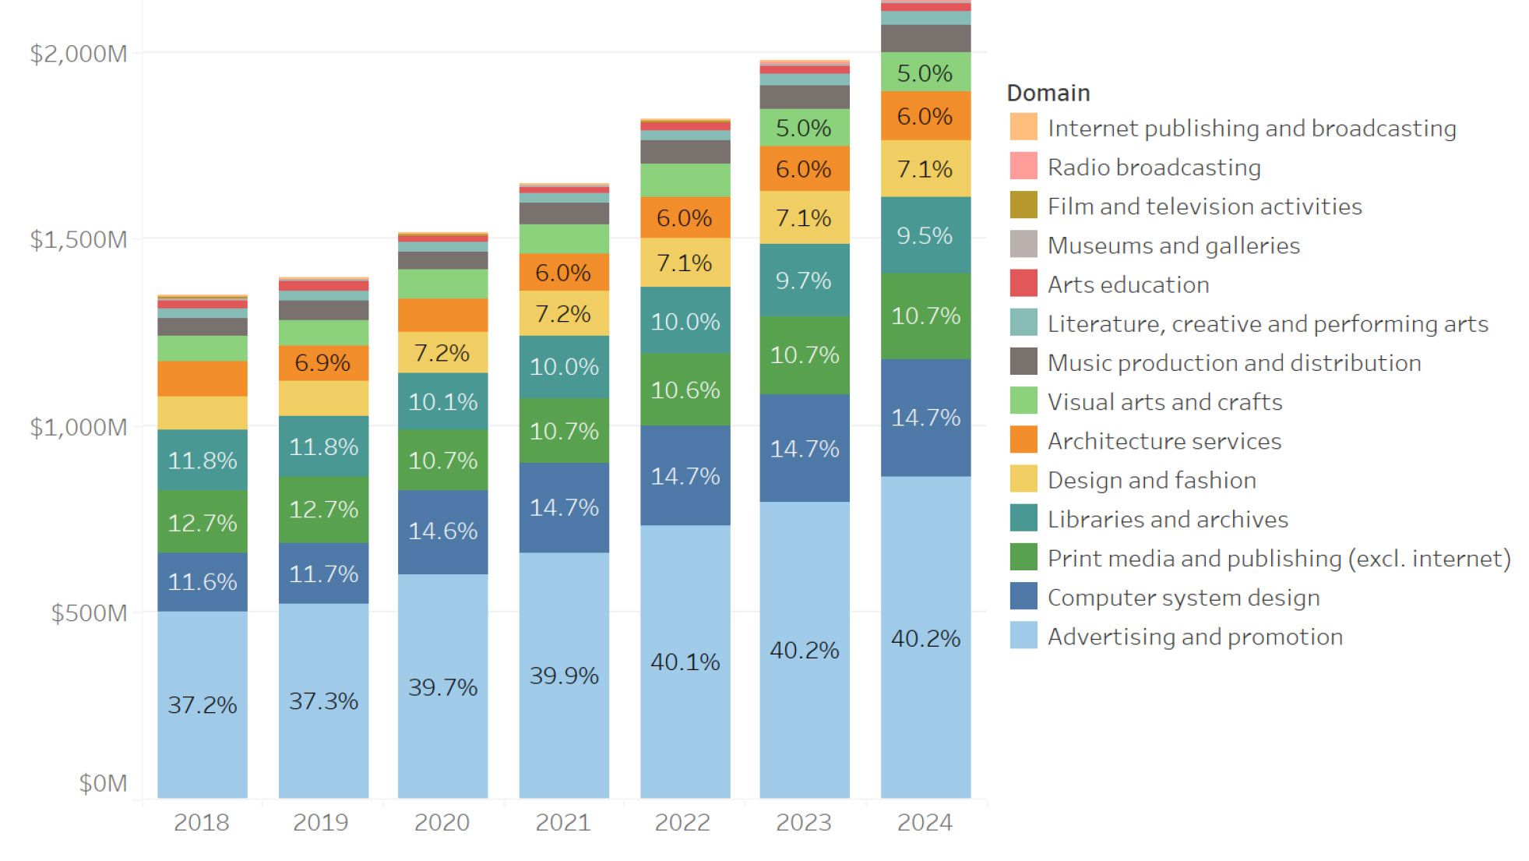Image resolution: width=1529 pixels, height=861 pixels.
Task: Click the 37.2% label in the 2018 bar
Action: pos(202,704)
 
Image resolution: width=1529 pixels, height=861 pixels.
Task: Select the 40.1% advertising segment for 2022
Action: pos(685,662)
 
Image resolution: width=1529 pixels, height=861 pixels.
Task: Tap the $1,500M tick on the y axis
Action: pos(78,239)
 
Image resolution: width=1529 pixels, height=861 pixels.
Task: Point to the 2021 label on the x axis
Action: pos(563,822)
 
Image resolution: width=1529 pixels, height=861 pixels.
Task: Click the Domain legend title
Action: pos(1048,93)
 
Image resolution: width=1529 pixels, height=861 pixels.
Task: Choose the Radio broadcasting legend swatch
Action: pos(1023,166)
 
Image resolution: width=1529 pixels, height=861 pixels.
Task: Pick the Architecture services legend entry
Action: pos(1164,441)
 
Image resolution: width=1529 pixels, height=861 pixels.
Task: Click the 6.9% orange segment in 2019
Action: pos(322,362)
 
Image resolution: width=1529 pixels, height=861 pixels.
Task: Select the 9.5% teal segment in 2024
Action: pos(925,235)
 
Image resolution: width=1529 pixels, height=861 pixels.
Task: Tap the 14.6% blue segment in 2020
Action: pos(442,531)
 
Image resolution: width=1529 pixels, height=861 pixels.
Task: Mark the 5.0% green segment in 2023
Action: pos(804,128)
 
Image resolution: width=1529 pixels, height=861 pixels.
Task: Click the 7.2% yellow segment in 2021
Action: pos(563,314)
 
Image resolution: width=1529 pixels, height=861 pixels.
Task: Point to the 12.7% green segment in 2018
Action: pos(202,522)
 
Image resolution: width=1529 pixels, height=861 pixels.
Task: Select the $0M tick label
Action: pos(102,783)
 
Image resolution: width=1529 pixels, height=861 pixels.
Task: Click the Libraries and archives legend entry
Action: pos(1167,519)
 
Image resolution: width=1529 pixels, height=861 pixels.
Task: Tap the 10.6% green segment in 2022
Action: pos(685,390)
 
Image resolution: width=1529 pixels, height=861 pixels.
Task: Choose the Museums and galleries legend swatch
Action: pos(1023,245)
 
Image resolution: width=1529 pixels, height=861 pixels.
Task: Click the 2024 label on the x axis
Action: pos(925,822)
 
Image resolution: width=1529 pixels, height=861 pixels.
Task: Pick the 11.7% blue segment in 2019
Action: pos(323,574)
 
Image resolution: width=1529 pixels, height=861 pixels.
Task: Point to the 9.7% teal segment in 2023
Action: pos(804,281)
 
